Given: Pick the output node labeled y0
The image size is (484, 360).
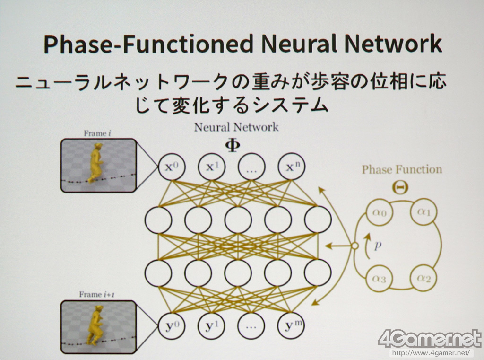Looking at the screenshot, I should click(171, 326).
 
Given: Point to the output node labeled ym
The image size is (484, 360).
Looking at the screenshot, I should click(292, 326).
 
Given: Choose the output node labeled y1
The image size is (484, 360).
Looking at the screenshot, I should click(211, 326).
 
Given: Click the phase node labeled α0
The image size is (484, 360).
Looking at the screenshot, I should click(380, 213).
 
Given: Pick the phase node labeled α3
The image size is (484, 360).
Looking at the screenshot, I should click(380, 279).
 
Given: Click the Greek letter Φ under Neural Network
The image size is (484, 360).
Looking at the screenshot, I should click(232, 145).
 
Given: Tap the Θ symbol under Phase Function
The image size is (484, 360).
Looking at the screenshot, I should click(401, 187).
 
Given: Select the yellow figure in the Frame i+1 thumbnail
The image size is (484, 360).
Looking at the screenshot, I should click(96, 326).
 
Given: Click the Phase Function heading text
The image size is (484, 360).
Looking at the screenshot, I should click(402, 169).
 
